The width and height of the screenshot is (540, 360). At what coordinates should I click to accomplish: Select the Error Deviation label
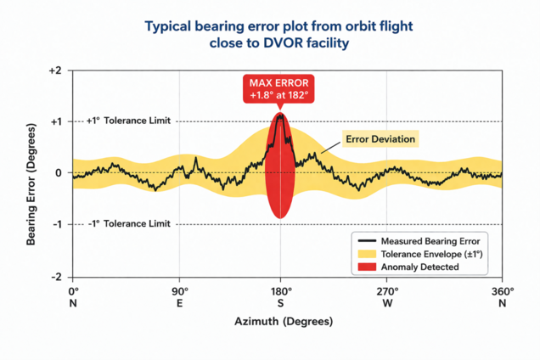pos(381,138)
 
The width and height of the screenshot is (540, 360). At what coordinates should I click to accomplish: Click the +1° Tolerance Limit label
pos(129,121)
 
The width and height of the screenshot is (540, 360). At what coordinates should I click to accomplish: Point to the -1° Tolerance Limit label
pos(129,223)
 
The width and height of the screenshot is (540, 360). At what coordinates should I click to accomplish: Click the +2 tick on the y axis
pos(56,70)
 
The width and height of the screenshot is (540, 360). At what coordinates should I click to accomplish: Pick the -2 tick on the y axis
pos(56,277)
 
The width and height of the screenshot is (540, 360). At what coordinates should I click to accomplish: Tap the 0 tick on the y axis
pos(59,173)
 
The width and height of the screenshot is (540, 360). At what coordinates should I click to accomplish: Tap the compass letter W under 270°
pos(387,303)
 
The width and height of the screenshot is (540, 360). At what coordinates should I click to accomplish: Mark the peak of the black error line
pos(280,115)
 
